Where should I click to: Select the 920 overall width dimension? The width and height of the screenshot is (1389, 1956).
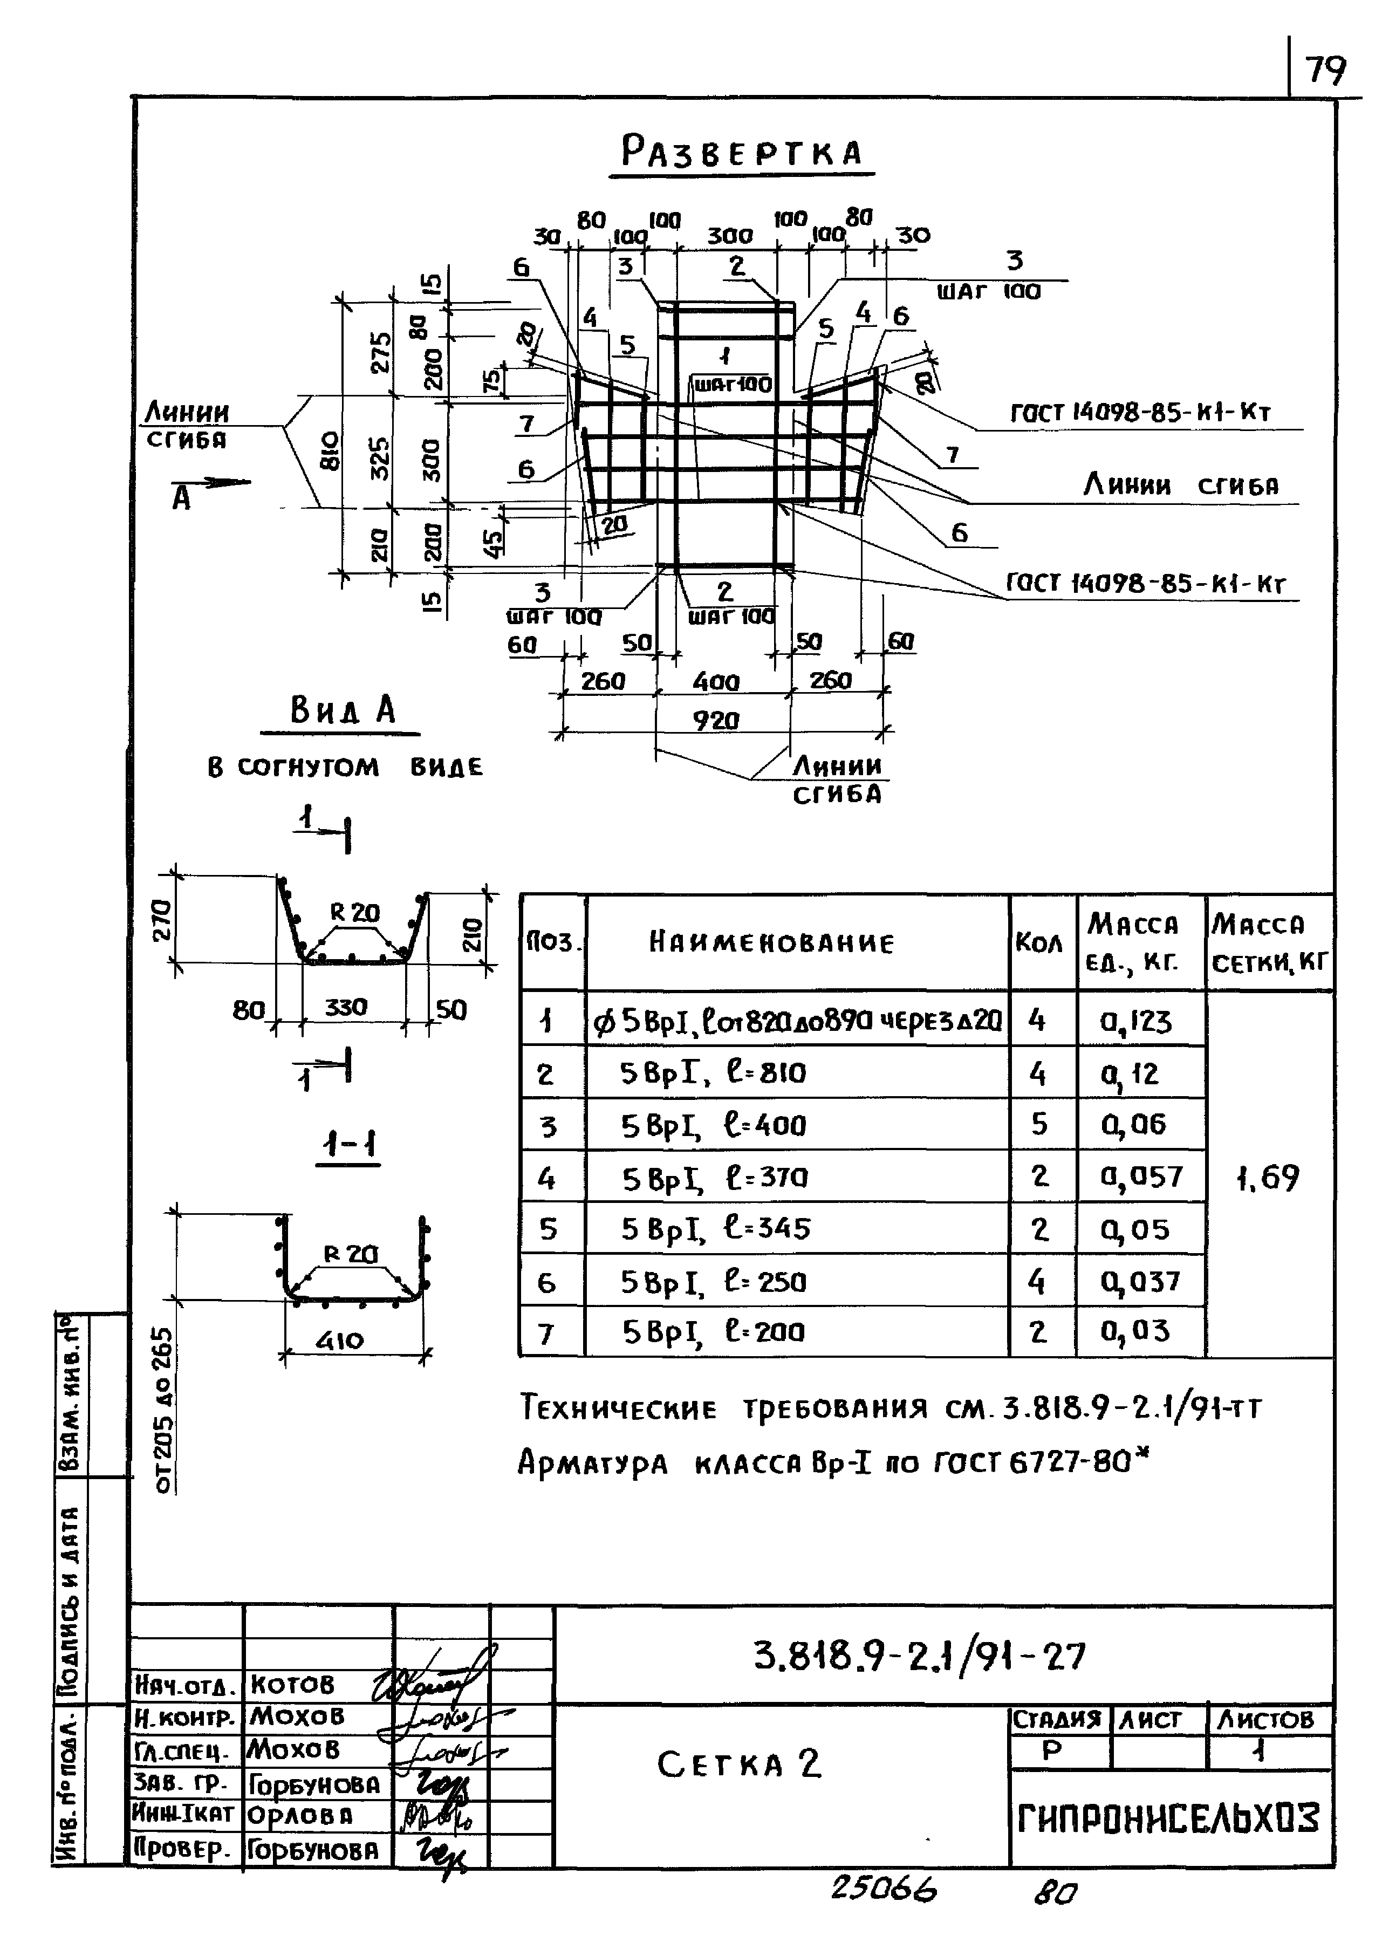tap(715, 721)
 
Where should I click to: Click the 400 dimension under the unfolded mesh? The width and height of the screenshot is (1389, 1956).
tap(715, 682)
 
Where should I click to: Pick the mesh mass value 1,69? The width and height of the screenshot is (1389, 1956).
tap(1268, 1178)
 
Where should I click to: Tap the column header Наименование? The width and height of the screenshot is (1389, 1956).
tap(771, 942)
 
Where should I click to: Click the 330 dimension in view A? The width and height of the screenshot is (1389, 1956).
tap(346, 1008)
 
